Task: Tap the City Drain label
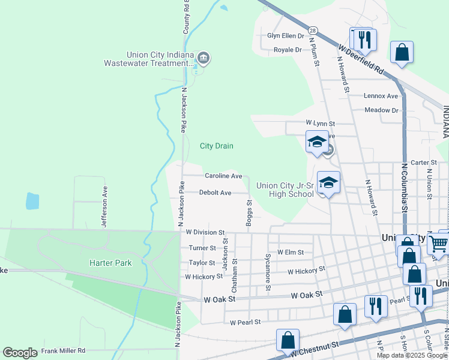tap(216, 146)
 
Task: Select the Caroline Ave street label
tap(223, 176)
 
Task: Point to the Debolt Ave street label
tap(215, 193)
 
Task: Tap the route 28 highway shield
tap(313, 30)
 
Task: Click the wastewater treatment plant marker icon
tap(203, 58)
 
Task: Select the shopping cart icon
tap(439, 243)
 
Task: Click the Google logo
tap(20, 353)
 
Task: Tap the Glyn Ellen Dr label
tap(286, 35)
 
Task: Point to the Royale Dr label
tap(288, 50)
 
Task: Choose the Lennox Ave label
tap(381, 95)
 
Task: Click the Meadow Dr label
tap(382, 110)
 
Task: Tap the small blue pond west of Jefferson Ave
tap(32, 201)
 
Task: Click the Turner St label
tap(202, 248)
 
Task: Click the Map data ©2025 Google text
tap(412, 355)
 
